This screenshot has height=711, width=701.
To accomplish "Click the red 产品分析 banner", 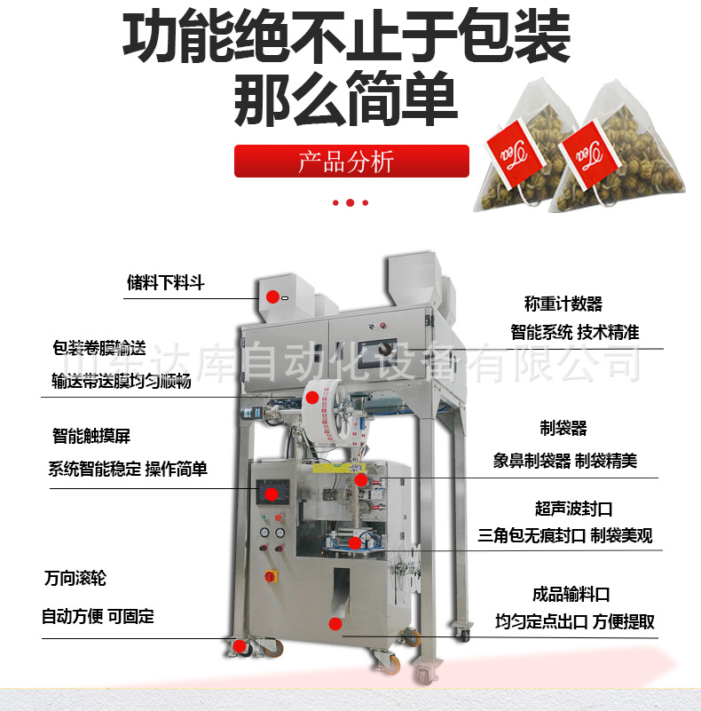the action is pos(351,161).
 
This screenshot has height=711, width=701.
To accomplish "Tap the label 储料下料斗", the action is pos(166,282).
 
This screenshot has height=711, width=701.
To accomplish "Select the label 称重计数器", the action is pos(563,304).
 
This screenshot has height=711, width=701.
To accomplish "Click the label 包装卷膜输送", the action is pos(98,348).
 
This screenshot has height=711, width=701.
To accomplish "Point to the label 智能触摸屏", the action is pos(91,436).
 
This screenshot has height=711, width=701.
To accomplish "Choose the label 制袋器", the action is pos(563,428).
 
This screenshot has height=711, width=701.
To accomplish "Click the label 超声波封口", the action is pos(573,509).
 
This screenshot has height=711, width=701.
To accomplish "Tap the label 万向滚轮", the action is pos(75,578).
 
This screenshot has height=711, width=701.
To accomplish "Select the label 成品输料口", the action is pos(571,594).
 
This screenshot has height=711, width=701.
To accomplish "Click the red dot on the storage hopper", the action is pos(272,297).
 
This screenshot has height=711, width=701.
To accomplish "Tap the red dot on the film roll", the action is pos(312,398).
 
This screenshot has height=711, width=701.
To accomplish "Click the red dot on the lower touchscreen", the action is pos(272,494).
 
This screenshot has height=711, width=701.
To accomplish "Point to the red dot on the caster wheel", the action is pos(240,646).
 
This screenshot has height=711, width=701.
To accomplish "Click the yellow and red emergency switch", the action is pos(271,576).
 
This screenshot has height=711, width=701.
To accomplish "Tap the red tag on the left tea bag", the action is pos(515,154).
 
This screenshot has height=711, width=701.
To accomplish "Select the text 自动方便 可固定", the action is pos(98,616).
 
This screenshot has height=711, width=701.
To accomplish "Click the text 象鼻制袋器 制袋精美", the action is pos(565,461).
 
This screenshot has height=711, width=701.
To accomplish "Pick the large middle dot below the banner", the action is pos(350,202).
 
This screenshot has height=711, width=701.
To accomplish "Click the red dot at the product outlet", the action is pos(335,624).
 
